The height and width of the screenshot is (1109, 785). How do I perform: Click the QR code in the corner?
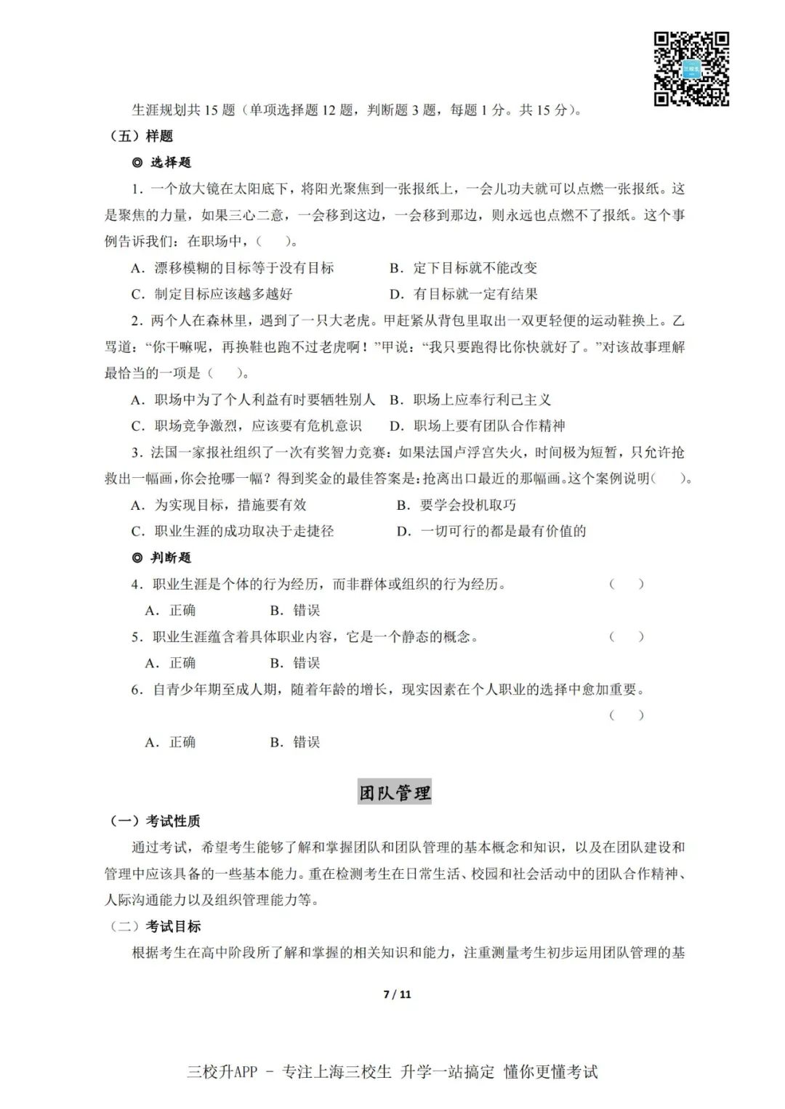[691, 69]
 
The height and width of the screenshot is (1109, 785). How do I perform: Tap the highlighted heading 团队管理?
[395, 792]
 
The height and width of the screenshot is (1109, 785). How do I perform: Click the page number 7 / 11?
[397, 994]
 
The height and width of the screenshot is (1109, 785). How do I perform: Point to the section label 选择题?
[163, 162]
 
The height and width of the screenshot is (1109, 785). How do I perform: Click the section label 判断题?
[163, 557]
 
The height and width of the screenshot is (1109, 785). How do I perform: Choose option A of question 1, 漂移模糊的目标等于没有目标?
[233, 268]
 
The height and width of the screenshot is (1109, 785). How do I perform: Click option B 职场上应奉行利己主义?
[470, 399]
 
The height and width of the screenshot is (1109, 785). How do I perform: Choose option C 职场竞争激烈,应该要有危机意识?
[246, 426]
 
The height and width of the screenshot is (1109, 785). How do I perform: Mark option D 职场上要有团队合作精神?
[478, 426]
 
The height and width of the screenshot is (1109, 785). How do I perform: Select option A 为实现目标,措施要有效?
[219, 505]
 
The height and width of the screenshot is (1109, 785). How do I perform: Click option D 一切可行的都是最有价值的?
[491, 531]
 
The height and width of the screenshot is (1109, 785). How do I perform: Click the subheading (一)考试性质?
[155, 821]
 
